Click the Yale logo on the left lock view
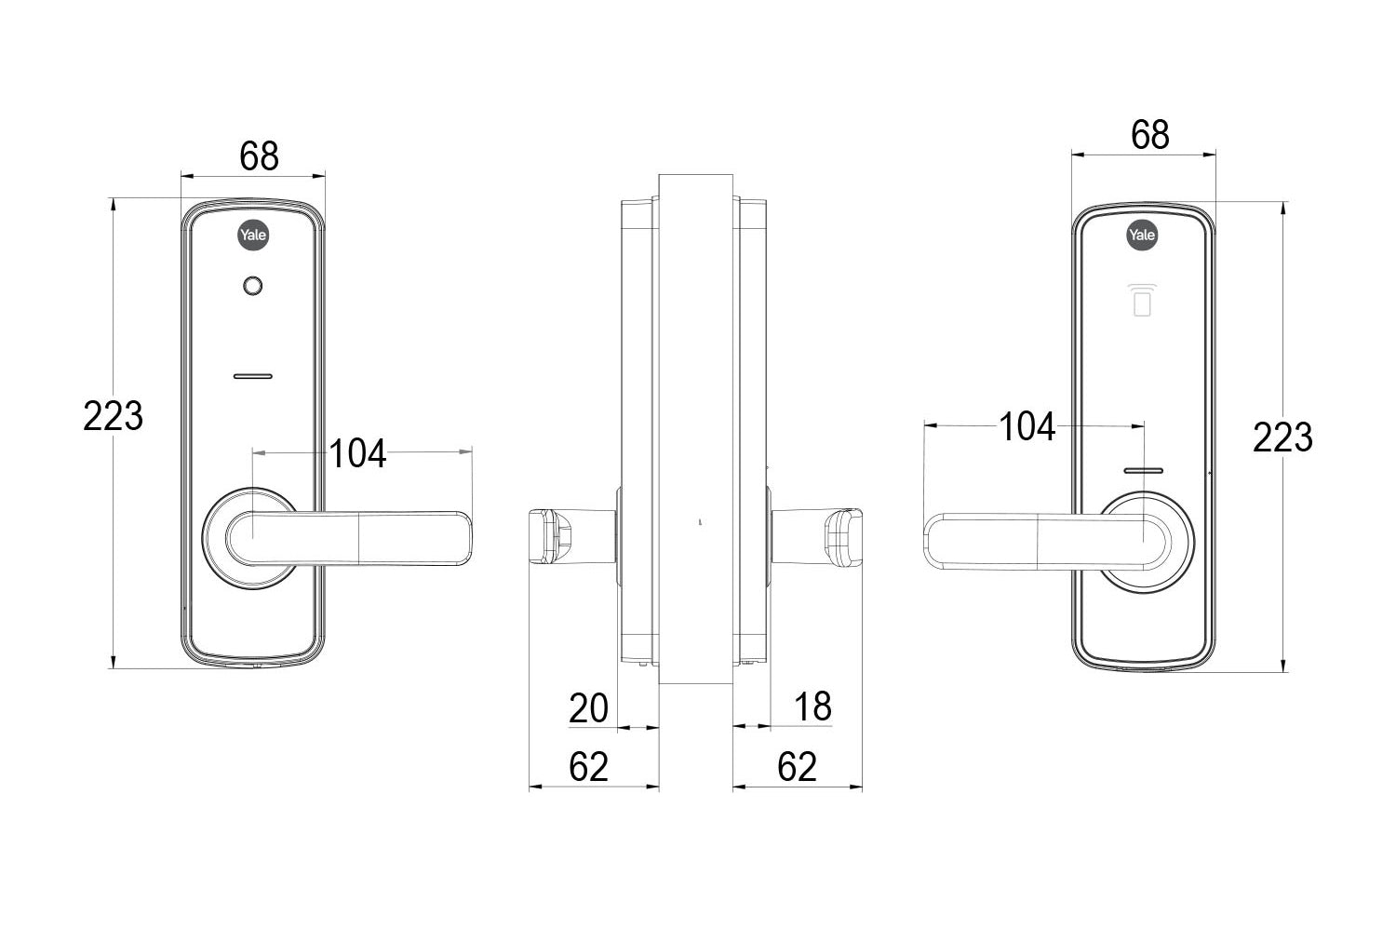click(x=252, y=235)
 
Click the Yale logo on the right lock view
click(x=1142, y=235)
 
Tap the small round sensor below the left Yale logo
click(x=251, y=286)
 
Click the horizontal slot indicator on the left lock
click(x=251, y=377)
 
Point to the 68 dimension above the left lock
click(x=259, y=156)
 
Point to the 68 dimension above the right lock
click(x=1149, y=135)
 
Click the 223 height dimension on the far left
click(x=113, y=415)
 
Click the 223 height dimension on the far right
click(x=1282, y=437)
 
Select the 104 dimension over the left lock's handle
click(x=357, y=453)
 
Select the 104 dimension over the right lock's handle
click(x=1027, y=427)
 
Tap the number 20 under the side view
click(x=588, y=708)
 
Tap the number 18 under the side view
click(x=812, y=706)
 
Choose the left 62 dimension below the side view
click(x=588, y=767)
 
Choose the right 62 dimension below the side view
click(x=797, y=767)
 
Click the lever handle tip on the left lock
click(x=456, y=538)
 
